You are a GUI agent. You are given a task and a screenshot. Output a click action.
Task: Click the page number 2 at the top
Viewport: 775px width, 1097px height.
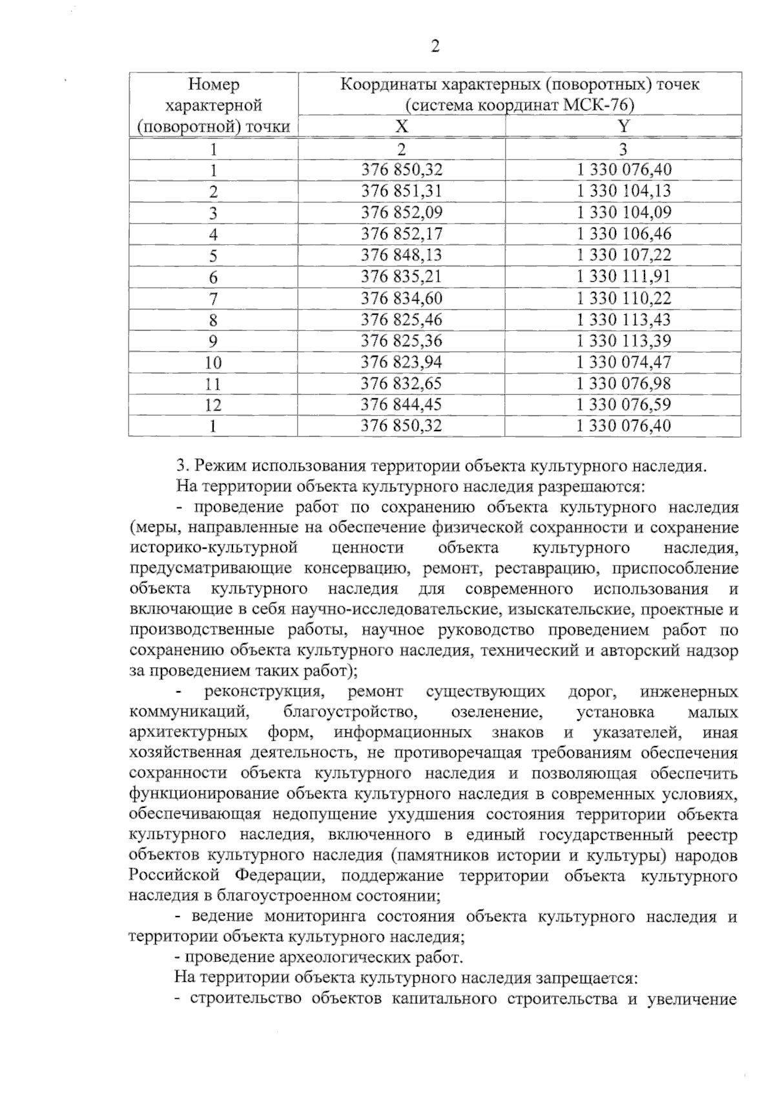435,47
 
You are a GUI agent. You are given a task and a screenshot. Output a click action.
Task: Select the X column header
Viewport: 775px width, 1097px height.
401,126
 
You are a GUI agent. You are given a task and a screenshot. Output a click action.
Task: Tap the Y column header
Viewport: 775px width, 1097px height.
623,126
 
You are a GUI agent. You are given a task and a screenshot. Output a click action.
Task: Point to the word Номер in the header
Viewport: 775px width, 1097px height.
213,84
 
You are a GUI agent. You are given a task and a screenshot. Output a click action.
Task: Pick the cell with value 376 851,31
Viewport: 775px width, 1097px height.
401,191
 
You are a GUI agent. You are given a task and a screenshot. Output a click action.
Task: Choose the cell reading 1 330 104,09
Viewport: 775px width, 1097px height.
623,212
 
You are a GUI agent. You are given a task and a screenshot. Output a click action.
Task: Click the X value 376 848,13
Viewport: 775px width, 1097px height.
401,255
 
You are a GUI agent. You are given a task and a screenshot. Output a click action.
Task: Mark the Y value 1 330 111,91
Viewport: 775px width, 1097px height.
623,276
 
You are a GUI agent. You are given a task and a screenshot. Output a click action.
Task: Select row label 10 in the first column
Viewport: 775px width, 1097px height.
213,362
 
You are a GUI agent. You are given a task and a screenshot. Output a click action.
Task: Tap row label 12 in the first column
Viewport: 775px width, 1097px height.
213,405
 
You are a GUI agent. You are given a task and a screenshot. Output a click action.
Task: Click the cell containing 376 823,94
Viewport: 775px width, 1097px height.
401,362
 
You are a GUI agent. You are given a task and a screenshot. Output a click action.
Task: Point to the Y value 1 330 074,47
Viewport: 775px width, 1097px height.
623,362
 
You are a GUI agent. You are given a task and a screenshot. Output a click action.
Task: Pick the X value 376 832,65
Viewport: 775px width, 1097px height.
401,383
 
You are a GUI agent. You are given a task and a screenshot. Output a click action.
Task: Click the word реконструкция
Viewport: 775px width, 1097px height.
263,692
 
